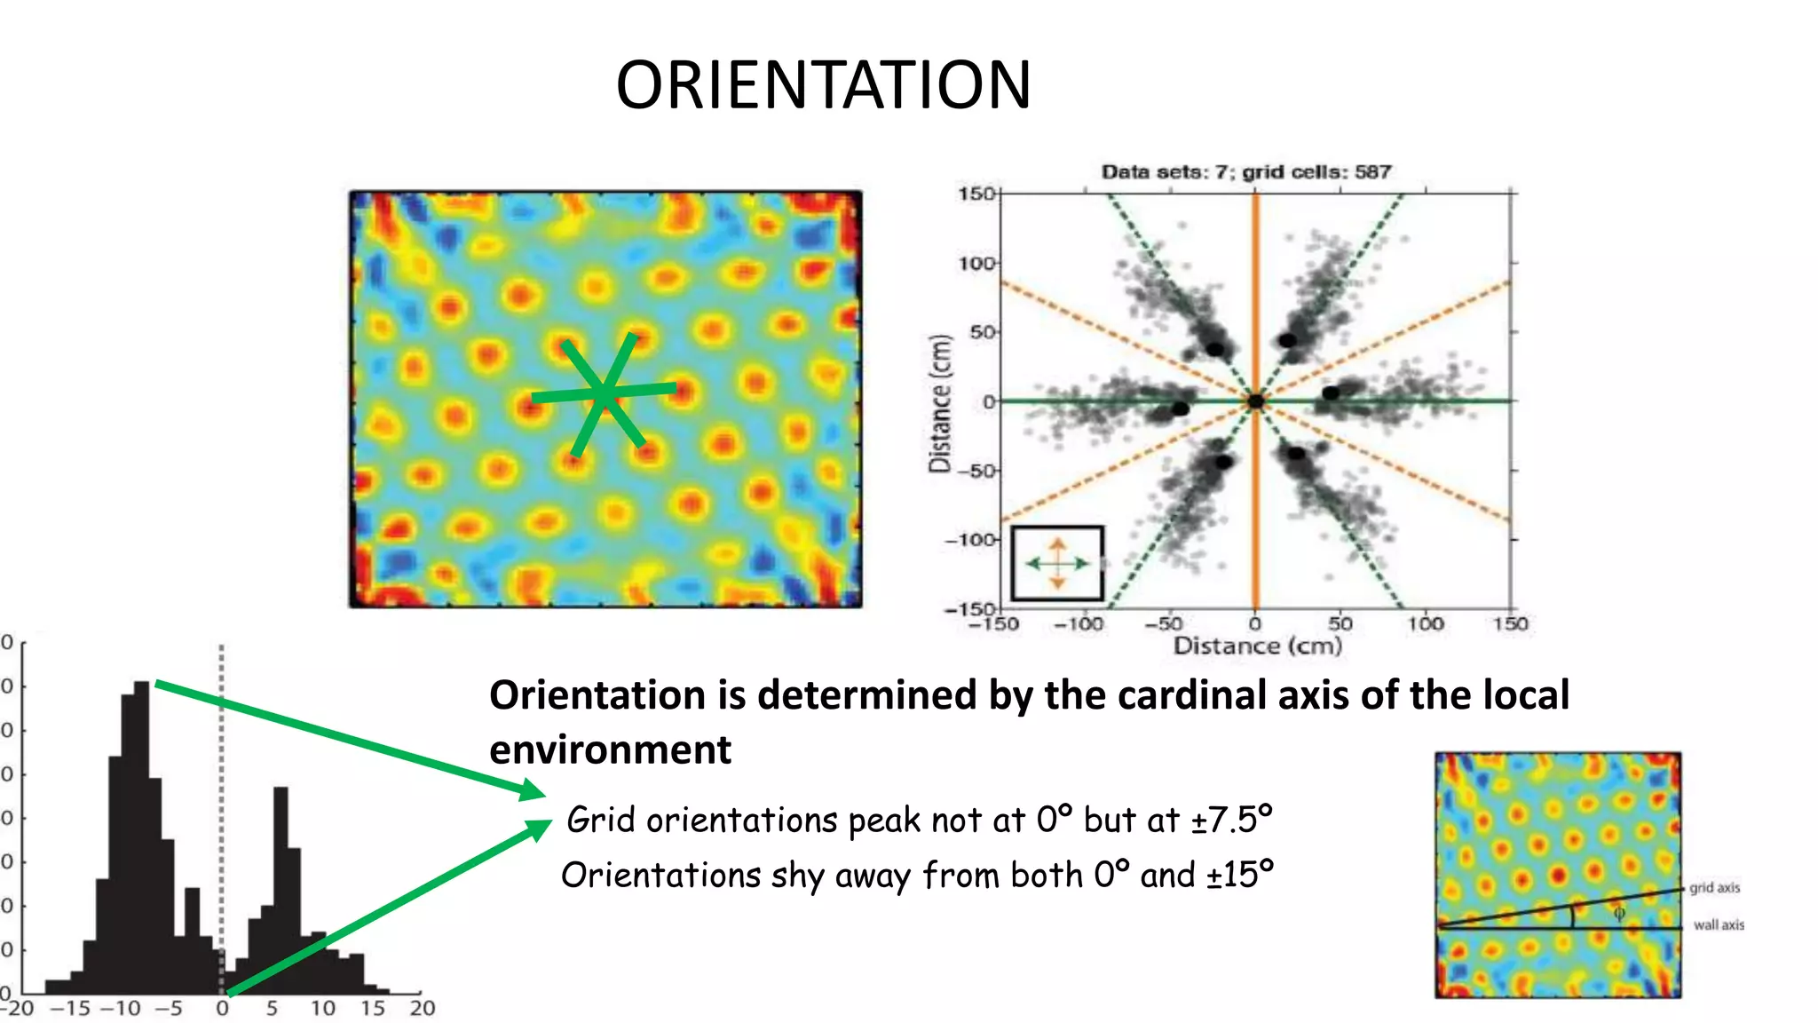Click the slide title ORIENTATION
823,85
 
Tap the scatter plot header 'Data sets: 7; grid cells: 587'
1246,171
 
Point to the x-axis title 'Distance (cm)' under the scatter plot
1257,646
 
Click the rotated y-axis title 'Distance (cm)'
940,403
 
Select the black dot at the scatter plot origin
1255,401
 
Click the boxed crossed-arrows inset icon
1057,563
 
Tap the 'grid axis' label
1714,887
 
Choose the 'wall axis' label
1719,924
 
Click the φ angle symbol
1618,913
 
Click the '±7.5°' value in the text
1231,820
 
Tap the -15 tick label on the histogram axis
70,1008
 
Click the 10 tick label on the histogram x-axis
323,1008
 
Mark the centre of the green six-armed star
604,394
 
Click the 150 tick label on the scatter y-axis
976,194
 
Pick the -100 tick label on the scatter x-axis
1079,623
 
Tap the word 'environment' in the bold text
610,750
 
